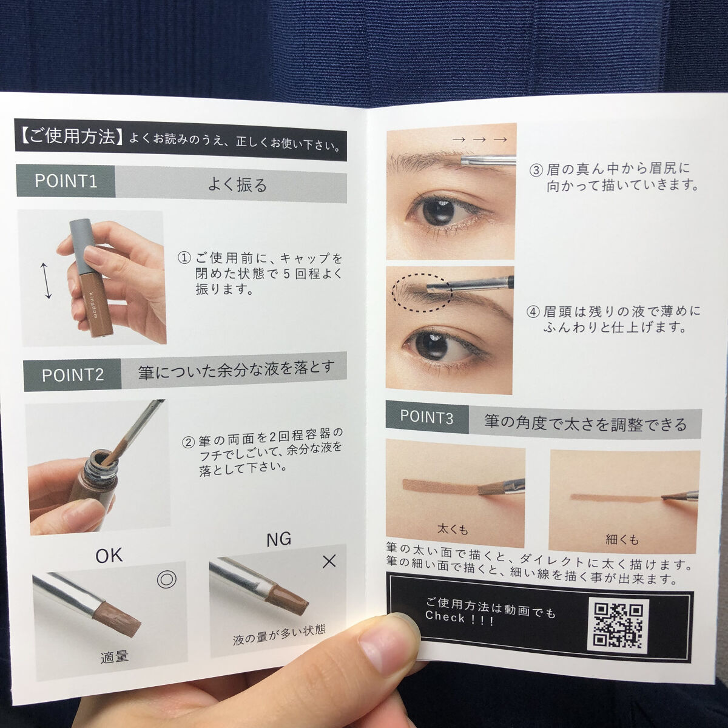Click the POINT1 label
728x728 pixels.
pos(66,181)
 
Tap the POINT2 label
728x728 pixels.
pos(73,375)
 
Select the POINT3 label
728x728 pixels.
pos(426,417)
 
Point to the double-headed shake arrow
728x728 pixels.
pos(46,281)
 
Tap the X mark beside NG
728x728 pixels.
pos(329,562)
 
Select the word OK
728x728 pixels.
pos(109,556)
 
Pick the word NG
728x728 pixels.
pos(279,539)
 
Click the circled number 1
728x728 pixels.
pos(184,258)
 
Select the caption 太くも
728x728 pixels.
pos(453,529)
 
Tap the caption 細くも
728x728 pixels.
pos(622,540)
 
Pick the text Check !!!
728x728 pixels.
pos(459,618)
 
